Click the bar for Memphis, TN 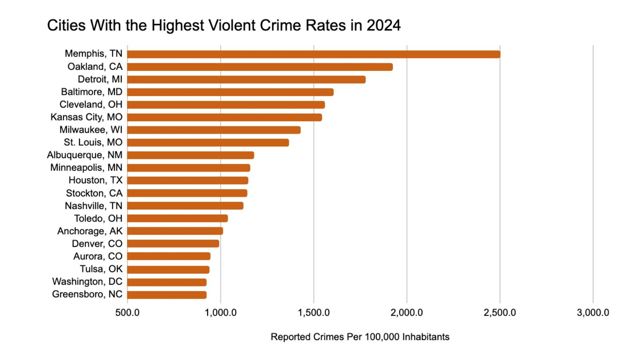314,54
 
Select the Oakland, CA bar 260,67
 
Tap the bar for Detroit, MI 246,80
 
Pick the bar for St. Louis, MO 208,142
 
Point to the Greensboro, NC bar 167,295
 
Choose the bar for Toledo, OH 178,218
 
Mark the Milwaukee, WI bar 214,130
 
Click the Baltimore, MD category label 92,92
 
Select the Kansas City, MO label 86,117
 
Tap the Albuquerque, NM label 85,155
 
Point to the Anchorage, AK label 90,231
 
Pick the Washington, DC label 87,282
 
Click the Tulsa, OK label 101,269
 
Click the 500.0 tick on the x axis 127,313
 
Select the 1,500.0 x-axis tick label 314,313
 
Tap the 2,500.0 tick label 500,313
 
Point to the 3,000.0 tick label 593,313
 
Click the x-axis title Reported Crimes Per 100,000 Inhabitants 360,337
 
